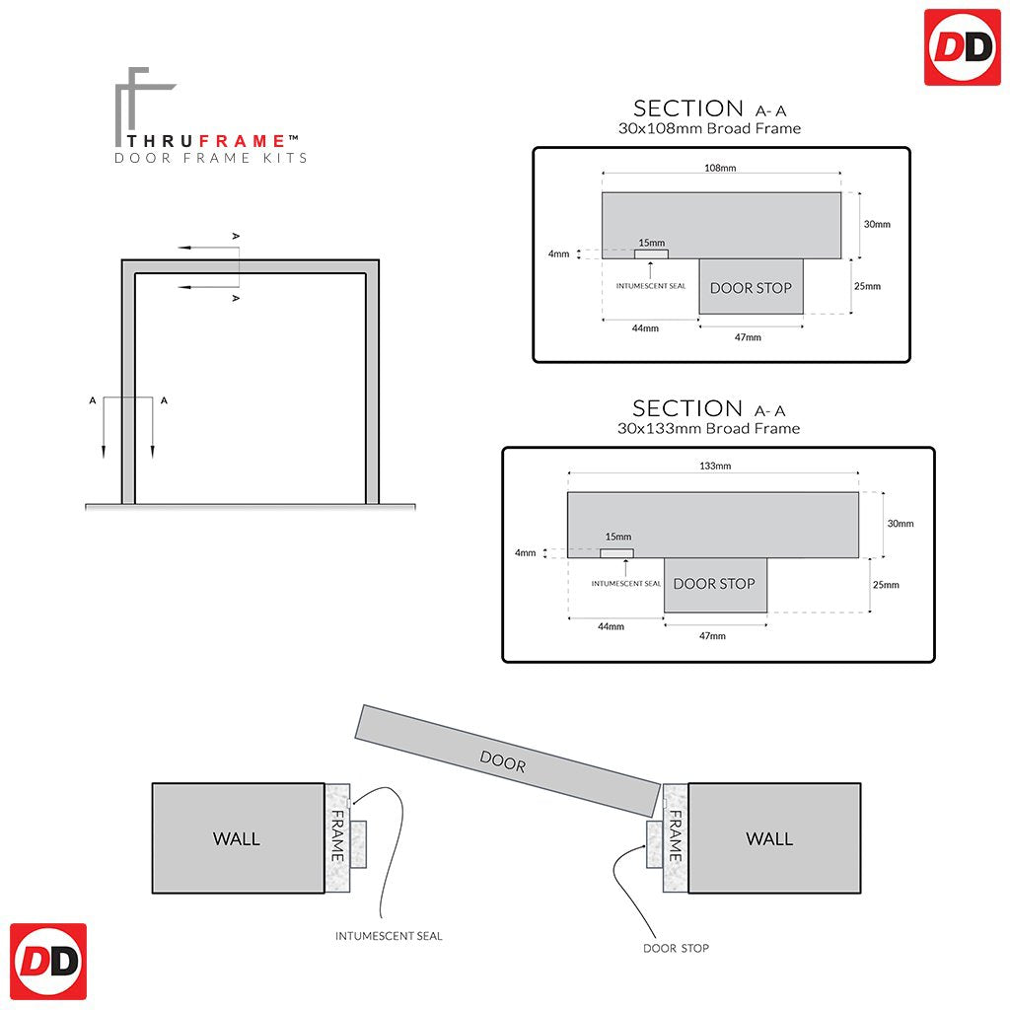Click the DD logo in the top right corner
(x=962, y=47)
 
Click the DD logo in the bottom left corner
(x=48, y=962)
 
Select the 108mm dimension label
(x=721, y=169)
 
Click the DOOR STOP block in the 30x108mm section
(x=751, y=288)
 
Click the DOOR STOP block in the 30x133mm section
(x=714, y=584)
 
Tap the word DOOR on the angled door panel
(x=503, y=761)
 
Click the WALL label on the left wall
(x=237, y=838)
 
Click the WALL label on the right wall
(x=769, y=838)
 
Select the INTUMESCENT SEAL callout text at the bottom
(x=389, y=936)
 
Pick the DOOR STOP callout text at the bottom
(x=676, y=948)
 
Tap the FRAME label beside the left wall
(x=337, y=836)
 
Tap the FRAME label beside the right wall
(x=676, y=836)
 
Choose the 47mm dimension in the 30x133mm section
(x=712, y=636)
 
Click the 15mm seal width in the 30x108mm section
(x=651, y=243)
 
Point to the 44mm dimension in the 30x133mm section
(x=611, y=626)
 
